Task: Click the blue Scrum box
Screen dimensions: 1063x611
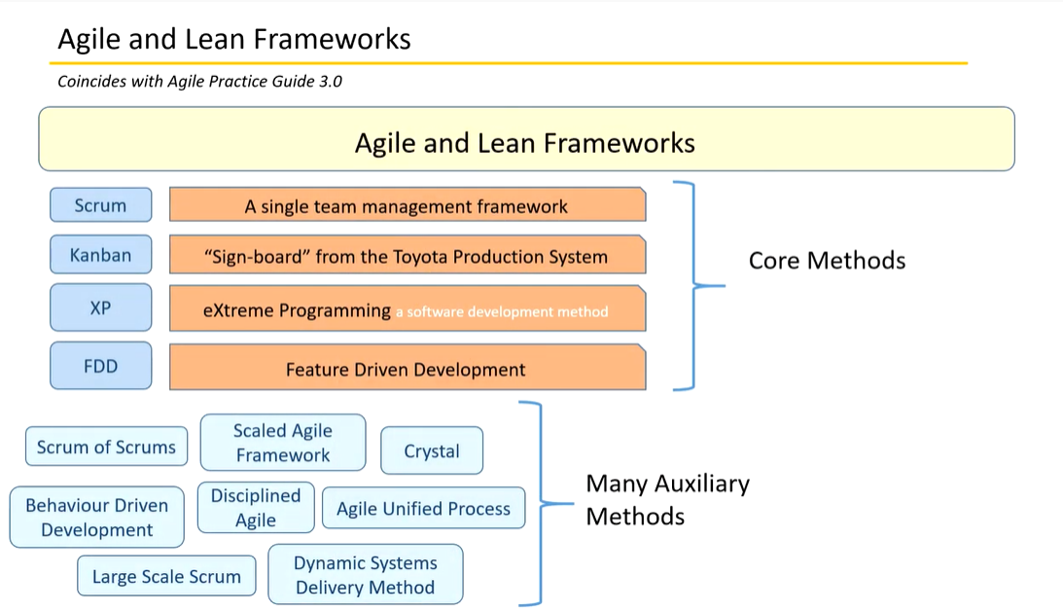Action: point(101,204)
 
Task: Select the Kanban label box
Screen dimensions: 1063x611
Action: point(101,254)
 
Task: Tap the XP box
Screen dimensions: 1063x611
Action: point(101,307)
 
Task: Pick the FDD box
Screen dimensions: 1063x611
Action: point(101,366)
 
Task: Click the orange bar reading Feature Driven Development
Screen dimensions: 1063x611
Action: point(407,367)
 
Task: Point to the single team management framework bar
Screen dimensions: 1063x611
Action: point(407,204)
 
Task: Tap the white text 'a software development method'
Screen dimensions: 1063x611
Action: point(502,312)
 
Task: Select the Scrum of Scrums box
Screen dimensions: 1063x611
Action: point(106,447)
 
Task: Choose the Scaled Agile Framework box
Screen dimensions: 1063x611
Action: point(283,443)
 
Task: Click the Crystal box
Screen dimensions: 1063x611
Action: point(432,450)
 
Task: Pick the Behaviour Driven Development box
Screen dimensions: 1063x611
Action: point(97,517)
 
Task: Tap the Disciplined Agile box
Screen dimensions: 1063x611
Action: point(256,507)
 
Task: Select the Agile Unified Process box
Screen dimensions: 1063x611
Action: point(424,508)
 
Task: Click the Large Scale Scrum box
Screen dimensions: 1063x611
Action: point(166,576)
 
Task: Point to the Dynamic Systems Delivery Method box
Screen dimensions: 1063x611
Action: point(366,574)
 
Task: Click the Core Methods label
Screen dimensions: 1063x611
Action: point(827,261)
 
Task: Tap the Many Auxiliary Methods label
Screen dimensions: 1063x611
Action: point(668,500)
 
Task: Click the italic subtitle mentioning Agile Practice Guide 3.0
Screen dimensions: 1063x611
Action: point(199,82)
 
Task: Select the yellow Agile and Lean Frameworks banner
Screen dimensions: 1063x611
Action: point(527,139)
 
